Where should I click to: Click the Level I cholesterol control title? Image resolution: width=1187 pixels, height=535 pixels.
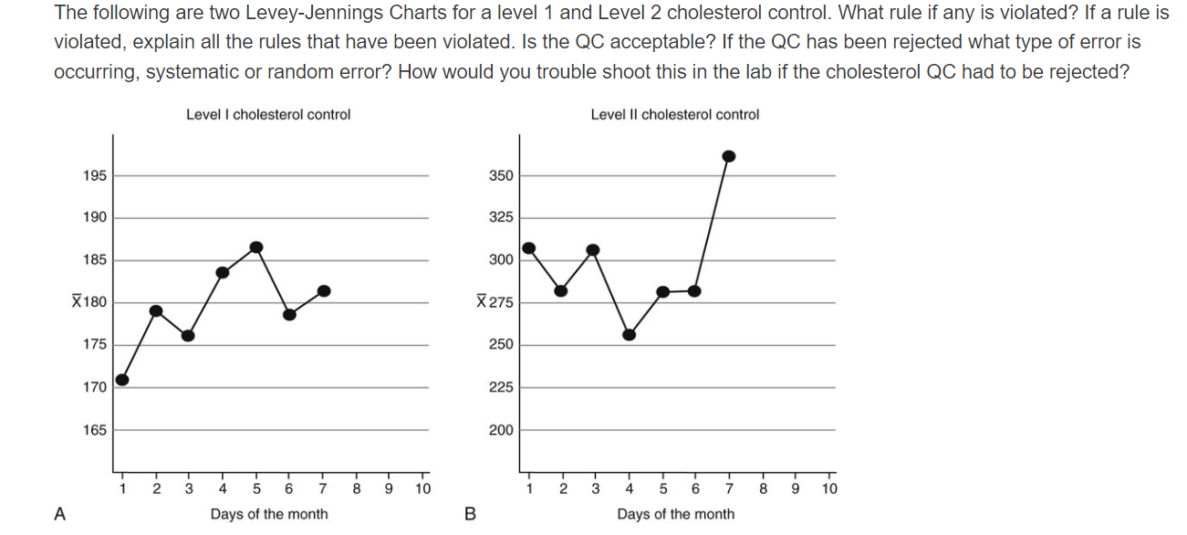coord(268,115)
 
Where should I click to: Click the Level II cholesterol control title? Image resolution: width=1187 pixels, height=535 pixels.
coord(674,115)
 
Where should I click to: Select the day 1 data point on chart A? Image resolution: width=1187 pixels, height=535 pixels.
coord(122,380)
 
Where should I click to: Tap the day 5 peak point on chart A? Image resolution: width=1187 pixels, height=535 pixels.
coord(256,247)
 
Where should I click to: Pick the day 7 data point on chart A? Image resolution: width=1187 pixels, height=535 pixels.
coord(324,291)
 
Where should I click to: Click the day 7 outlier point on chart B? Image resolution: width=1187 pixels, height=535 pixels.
coord(729,156)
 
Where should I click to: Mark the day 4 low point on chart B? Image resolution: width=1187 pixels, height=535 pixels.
coord(629,334)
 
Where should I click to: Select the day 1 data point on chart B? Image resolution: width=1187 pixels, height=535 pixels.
coord(528,248)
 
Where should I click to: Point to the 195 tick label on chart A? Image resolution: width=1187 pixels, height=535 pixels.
coord(94,175)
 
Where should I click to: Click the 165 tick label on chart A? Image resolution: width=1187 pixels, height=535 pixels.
coord(94,430)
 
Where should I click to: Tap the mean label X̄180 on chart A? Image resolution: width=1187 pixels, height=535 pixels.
coord(89,302)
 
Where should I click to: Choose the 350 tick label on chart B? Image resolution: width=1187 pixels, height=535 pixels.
coord(502,175)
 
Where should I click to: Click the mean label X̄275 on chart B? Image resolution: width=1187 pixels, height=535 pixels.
coord(495,302)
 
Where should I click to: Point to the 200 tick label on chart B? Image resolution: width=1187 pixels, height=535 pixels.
coord(502,430)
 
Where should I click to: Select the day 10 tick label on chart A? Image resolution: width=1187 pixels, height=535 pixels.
coord(422,489)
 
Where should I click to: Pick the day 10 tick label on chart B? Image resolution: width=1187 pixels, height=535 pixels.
coord(828,489)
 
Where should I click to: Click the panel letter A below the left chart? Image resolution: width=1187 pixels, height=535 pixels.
coord(60,514)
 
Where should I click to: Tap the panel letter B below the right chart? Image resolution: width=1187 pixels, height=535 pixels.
coord(470,514)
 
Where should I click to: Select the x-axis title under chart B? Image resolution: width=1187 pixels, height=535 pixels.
coord(675,514)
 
